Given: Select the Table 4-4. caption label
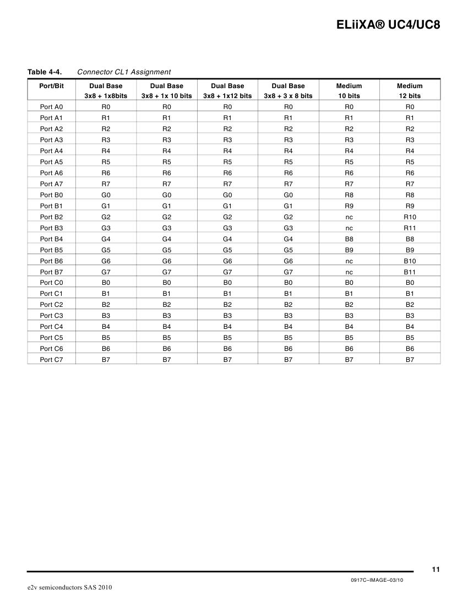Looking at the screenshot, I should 45,72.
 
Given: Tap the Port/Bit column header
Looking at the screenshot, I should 51,86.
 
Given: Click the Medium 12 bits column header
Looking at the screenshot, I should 410,90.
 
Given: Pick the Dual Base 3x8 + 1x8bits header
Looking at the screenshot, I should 106,90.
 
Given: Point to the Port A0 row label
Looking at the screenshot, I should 51,107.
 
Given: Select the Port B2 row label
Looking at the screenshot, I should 51,217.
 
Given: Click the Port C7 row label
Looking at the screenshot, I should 51,360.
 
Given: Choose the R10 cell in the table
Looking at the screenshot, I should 410,217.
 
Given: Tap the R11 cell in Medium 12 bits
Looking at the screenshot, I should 410,228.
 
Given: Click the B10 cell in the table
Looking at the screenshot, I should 410,261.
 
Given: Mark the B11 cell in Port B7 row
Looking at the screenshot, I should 410,272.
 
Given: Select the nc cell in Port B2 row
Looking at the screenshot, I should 349,217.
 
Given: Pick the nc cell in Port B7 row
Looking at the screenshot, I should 349,272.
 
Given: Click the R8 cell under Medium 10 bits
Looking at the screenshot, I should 349,195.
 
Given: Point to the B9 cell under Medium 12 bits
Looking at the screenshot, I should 410,250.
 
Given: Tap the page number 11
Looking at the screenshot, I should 436,570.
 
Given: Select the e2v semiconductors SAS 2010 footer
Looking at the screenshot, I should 70,588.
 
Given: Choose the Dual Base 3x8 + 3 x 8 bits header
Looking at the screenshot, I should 288,90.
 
